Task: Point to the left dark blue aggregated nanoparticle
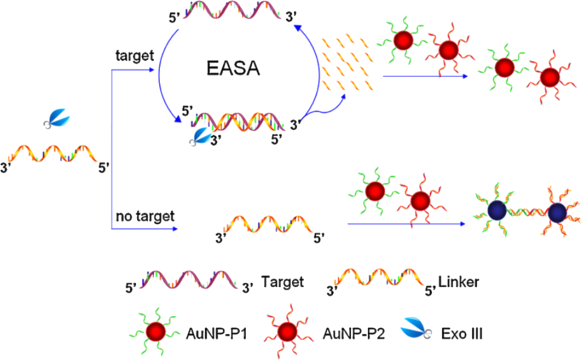[x=496, y=213]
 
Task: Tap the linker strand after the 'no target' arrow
[x=264, y=225]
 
